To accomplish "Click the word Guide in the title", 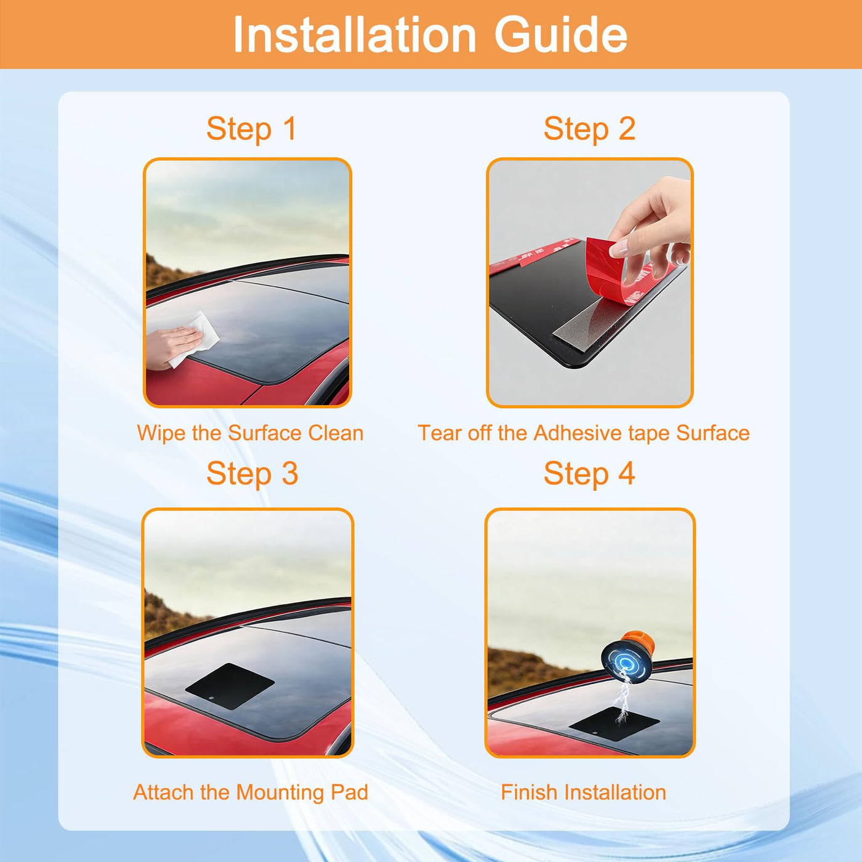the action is pyautogui.click(x=560, y=35).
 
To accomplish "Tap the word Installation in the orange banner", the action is pyautogui.click(x=354, y=35).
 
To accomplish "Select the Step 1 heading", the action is pyautogui.click(x=251, y=129).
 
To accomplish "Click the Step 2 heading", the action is pyautogui.click(x=590, y=129).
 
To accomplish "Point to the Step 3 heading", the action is pyautogui.click(x=252, y=473).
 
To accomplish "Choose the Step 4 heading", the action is pyautogui.click(x=590, y=473).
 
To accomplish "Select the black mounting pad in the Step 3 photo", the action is pyautogui.click(x=230, y=686).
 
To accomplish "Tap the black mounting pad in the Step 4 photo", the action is pyautogui.click(x=614, y=724).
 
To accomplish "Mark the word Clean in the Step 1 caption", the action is pyautogui.click(x=336, y=433).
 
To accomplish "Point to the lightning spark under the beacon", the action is pyautogui.click(x=622, y=698).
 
